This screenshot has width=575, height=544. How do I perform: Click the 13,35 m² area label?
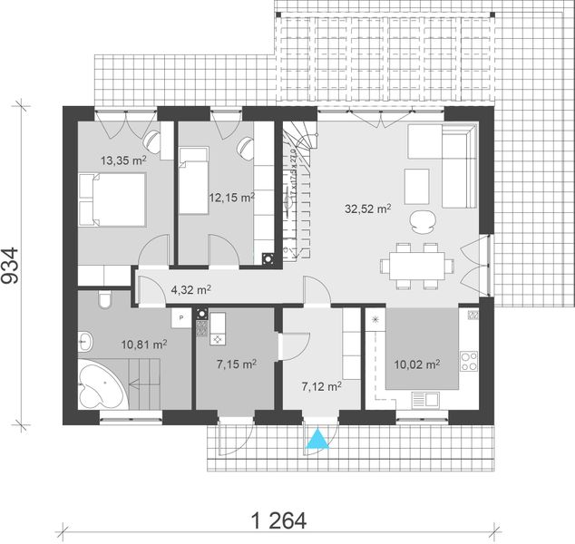point(123,160)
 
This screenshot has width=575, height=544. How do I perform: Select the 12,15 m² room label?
point(232,197)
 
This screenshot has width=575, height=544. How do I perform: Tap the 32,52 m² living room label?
point(367,209)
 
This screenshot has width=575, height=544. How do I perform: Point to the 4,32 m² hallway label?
point(190,290)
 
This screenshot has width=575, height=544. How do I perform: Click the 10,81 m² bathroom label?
point(143,345)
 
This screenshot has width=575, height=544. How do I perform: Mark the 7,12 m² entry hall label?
point(320,386)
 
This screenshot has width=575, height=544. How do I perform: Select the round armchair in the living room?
point(421,219)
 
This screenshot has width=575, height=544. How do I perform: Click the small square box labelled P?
point(181,318)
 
